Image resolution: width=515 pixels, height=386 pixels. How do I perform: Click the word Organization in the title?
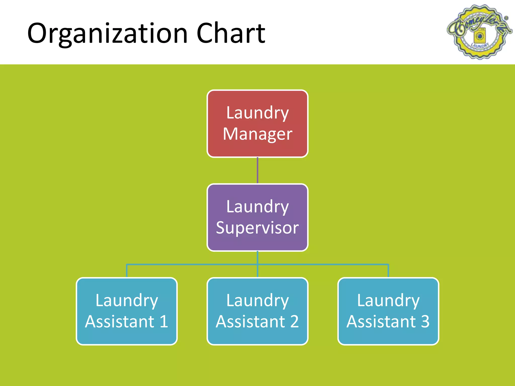(107, 33)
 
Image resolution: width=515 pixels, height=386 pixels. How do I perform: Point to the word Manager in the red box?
(257, 134)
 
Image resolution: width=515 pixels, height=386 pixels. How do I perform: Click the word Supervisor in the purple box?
(257, 228)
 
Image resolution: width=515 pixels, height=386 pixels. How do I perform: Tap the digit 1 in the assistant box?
(164, 321)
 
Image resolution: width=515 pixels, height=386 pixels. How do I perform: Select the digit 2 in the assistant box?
(294, 321)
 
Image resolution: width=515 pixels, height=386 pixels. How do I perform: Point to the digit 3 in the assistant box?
(425, 321)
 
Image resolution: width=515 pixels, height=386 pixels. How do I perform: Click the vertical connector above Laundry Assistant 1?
(127, 271)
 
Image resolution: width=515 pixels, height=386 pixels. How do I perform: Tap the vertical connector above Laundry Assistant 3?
(388, 271)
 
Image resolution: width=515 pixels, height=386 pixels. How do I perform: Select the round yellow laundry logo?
(479, 32)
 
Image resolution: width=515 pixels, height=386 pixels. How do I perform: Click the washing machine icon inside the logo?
(480, 37)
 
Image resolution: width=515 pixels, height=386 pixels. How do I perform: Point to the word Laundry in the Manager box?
(257, 113)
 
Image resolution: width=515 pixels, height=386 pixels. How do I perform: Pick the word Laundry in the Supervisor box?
(257, 207)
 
